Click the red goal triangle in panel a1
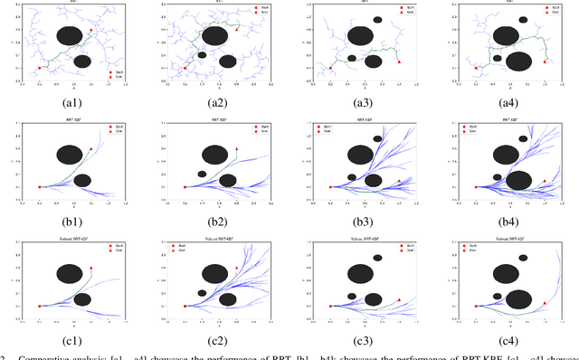91,30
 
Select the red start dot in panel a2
185,67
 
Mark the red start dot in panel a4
476,67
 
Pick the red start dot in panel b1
40,186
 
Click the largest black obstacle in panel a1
70,36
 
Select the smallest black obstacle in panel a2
203,55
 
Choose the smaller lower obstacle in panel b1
82,180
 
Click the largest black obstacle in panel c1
70,273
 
